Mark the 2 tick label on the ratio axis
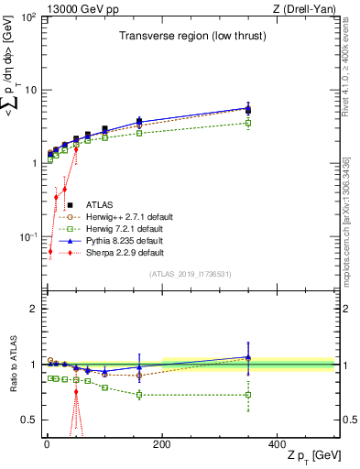pos(33,310)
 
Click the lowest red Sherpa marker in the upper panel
pos(50,251)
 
